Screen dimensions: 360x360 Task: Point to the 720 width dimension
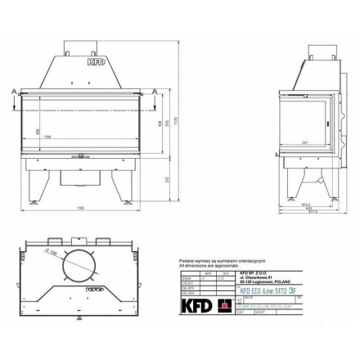click(80, 209)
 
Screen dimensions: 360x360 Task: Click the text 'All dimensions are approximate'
click(209, 266)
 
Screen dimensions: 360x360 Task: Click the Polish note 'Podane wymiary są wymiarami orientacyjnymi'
click(214, 262)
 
